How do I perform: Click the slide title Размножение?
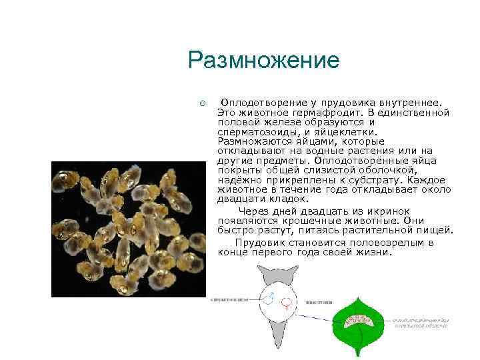coord(263,61)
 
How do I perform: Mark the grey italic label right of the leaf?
coord(420,322)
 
